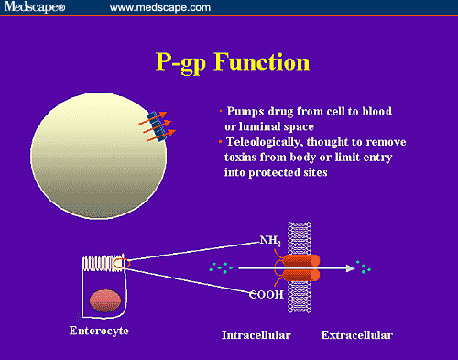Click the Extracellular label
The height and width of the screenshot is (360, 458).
[356, 335]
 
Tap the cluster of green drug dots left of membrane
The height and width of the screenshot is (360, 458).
[221, 268]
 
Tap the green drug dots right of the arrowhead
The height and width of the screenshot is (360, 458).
[365, 268]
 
